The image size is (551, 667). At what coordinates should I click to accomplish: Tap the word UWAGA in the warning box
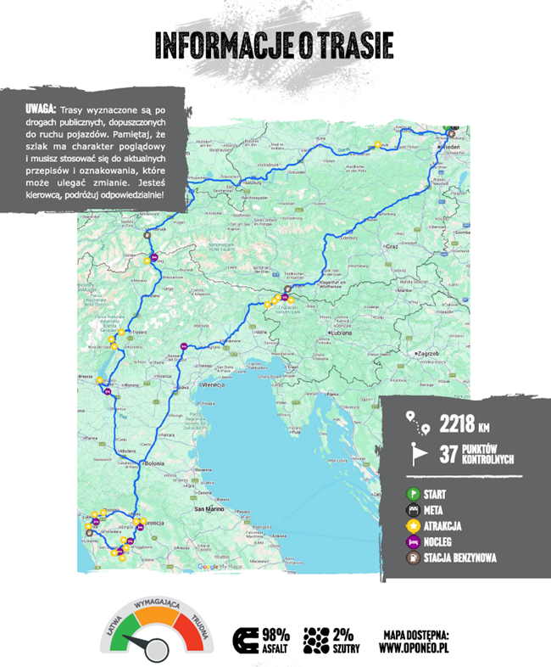coord(39,110)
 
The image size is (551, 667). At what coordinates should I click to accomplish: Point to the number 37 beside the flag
coord(449,454)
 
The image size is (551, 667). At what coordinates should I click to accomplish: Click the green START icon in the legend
coord(413,493)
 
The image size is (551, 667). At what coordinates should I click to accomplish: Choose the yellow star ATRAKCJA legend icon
coord(413,525)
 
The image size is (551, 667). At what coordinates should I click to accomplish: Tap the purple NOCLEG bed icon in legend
coord(413,541)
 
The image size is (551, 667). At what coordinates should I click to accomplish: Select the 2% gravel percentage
coord(344,634)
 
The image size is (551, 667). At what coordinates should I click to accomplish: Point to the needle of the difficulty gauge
coord(153,643)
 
